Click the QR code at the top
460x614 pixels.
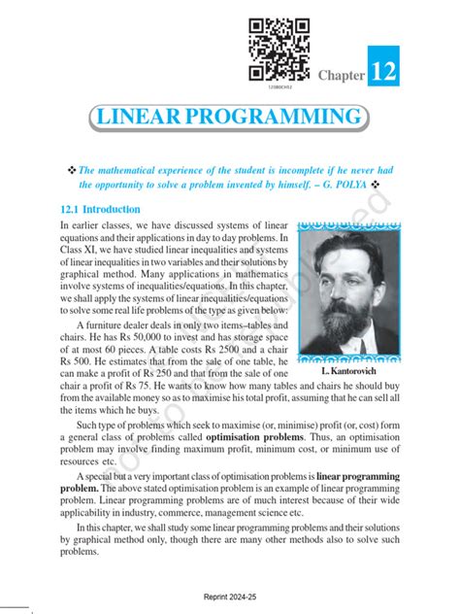point(279,49)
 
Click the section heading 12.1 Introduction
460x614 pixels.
point(100,209)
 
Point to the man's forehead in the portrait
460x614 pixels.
point(342,256)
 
